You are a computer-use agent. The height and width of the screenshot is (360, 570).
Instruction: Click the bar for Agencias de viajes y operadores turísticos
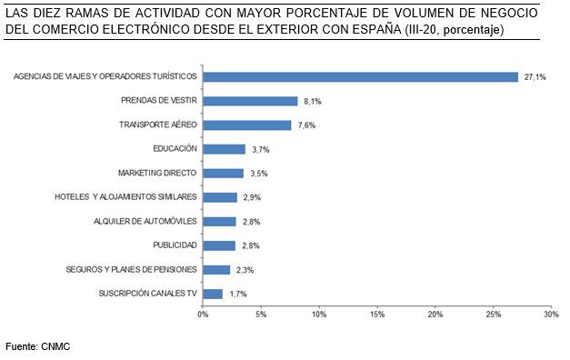click(360, 77)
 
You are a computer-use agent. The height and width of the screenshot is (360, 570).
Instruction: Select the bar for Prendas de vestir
click(250, 101)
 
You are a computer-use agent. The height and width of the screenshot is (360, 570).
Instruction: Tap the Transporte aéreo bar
click(246, 125)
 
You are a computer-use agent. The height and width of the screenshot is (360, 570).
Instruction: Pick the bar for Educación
click(224, 149)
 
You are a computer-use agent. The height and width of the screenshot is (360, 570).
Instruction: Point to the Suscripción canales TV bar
click(213, 294)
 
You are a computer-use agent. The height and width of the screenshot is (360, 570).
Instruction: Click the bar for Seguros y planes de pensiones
click(216, 269)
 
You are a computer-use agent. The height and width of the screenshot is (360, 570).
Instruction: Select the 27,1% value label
click(535, 77)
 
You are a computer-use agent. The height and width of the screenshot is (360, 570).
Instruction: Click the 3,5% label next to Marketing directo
click(259, 173)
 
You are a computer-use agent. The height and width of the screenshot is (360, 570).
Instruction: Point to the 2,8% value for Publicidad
click(251, 245)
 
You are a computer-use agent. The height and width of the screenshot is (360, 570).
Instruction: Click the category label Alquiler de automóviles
click(145, 221)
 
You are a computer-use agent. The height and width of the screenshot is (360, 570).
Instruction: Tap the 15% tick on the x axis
click(376, 315)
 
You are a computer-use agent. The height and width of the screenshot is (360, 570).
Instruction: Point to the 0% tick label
click(203, 315)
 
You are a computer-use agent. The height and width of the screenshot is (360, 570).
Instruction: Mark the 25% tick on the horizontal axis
click(492, 315)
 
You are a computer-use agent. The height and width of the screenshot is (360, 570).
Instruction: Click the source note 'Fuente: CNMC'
click(37, 346)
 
